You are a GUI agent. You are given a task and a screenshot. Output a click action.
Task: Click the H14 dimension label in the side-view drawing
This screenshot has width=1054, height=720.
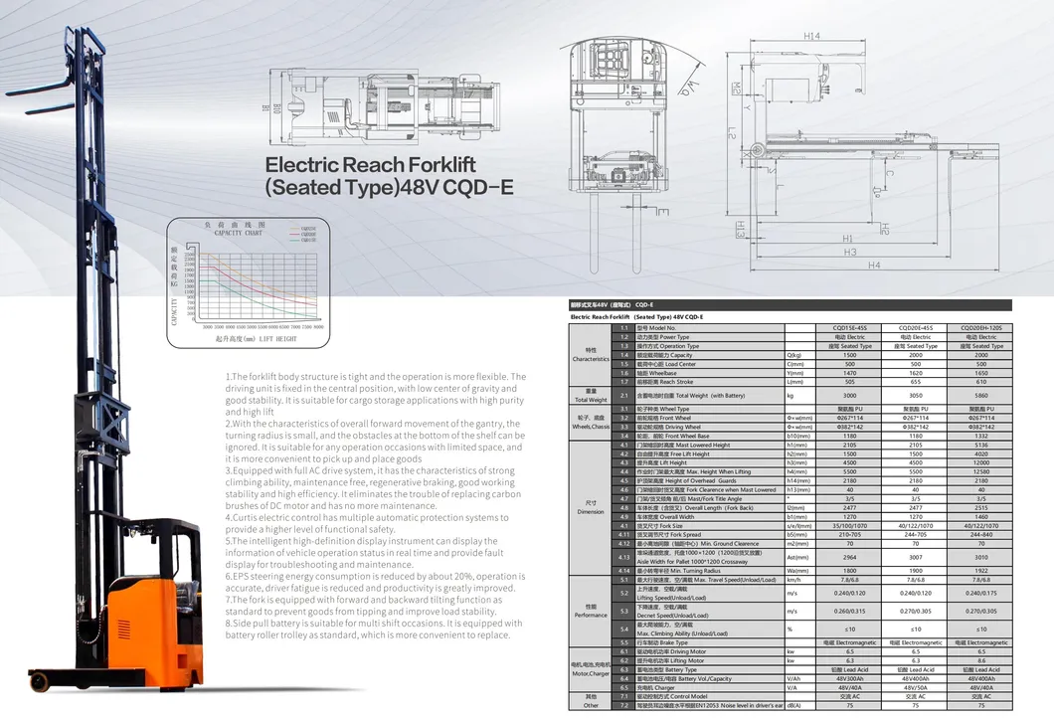point(811,37)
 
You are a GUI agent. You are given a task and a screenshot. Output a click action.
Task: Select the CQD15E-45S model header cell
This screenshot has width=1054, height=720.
point(849,327)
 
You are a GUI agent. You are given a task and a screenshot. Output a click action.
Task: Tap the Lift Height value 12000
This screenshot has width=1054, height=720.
point(980,462)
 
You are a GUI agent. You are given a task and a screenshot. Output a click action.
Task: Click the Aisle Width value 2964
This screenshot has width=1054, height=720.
point(849,558)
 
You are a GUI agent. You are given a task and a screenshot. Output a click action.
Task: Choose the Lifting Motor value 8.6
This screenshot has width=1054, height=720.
point(980,660)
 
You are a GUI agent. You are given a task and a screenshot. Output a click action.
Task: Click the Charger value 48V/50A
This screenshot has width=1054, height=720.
point(915,687)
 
